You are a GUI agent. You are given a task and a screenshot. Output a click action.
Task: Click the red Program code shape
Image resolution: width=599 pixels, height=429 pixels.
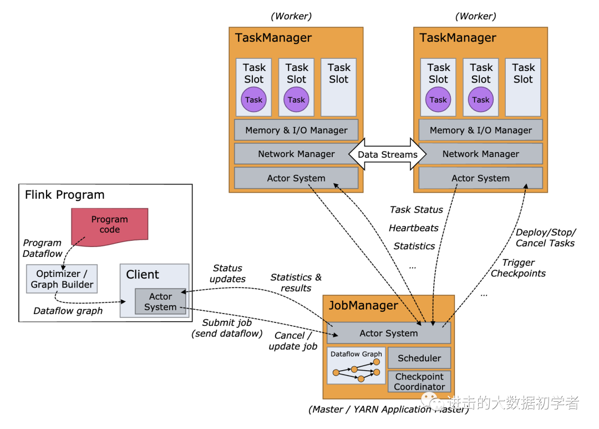pyautogui.click(x=110, y=224)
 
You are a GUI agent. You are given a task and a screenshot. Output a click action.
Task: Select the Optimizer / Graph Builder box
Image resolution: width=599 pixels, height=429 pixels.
pyautogui.click(x=62, y=279)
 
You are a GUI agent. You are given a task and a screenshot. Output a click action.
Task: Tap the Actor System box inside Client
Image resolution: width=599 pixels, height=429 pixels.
pyautogui.click(x=160, y=301)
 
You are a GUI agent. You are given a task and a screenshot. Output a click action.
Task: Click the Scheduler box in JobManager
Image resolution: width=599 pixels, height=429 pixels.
pyautogui.click(x=419, y=358)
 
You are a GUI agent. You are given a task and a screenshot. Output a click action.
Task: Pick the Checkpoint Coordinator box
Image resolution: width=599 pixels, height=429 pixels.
pyautogui.click(x=419, y=381)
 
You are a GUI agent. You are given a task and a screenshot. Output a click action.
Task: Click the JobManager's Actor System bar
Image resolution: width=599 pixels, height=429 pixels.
pyautogui.click(x=389, y=333)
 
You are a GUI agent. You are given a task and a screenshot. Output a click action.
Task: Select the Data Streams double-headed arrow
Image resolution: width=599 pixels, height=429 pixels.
pyautogui.click(x=387, y=154)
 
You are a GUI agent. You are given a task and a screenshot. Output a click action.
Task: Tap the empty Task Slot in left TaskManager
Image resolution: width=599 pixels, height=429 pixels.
pyautogui.click(x=339, y=87)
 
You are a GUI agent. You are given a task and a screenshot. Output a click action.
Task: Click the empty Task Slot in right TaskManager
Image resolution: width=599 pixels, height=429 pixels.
pyautogui.click(x=523, y=87)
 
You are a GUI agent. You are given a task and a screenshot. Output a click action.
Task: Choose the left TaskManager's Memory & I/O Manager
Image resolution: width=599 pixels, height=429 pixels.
pyautogui.click(x=296, y=130)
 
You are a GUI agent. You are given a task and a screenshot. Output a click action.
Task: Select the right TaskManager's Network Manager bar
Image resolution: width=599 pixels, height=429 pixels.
pyautogui.click(x=481, y=154)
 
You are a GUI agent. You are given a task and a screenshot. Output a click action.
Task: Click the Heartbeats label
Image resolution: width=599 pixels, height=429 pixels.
pyautogui.click(x=414, y=228)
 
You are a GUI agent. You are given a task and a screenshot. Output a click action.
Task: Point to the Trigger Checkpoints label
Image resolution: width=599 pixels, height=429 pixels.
pyautogui.click(x=518, y=268)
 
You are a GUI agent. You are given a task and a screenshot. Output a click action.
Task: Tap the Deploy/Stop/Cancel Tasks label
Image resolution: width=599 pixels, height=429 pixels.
pyautogui.click(x=546, y=238)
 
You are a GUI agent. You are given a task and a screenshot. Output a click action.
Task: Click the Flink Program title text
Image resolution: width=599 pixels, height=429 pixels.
pyautogui.click(x=65, y=195)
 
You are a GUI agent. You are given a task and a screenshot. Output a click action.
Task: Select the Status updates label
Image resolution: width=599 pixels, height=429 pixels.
pyautogui.click(x=227, y=274)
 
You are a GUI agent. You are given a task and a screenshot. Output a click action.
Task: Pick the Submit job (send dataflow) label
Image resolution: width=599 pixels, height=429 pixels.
pyautogui.click(x=227, y=328)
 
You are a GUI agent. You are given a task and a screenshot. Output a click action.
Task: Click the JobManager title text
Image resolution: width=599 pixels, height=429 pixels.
pyautogui.click(x=363, y=306)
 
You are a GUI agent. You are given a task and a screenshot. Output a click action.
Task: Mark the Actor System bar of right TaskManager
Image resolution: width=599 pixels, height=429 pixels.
pyautogui.click(x=480, y=178)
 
